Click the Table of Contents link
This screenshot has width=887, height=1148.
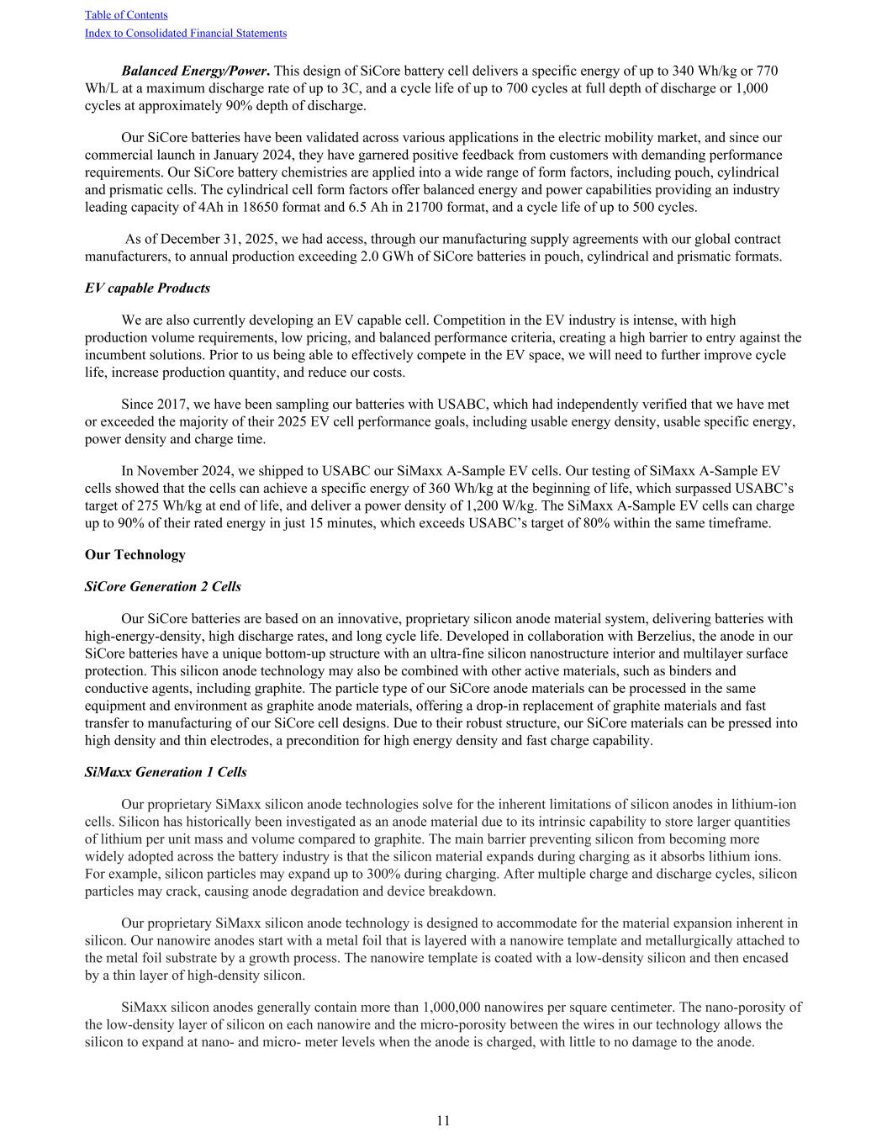point(126,15)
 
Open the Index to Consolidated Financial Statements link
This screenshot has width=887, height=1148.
point(186,34)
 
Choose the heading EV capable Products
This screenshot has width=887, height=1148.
point(147,288)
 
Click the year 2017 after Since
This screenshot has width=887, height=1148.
point(171,405)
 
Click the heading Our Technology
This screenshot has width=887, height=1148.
point(135,555)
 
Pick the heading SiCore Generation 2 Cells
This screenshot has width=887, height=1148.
point(163,586)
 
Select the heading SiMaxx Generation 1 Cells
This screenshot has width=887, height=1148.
point(166,772)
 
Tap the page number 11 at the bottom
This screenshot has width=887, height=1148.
point(443,1121)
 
